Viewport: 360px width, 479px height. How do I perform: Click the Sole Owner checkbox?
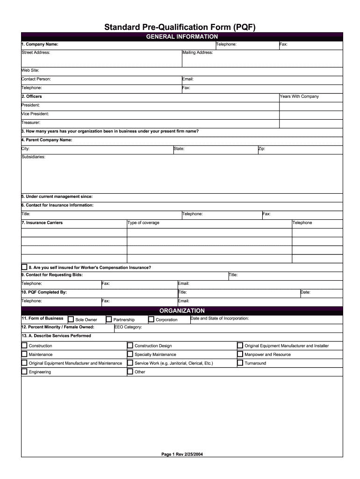pos(71,319)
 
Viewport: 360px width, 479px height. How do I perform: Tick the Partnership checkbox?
pos(109,319)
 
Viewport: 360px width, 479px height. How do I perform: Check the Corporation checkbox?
pos(151,319)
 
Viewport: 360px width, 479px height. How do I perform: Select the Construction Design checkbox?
pos(130,346)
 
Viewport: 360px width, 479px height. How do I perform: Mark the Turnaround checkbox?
pos(240,363)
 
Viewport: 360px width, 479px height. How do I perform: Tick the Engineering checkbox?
pos(24,372)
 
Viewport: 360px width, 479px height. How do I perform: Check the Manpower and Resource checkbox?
pos(240,355)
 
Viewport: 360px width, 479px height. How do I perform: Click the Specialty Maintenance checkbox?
pos(130,355)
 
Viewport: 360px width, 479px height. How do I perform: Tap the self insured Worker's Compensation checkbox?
pos(24,267)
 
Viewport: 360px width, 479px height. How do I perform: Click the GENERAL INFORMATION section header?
pos(182,36)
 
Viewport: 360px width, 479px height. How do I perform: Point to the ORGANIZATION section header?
pos(182,311)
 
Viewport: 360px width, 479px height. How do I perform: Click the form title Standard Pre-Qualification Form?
pos(180,27)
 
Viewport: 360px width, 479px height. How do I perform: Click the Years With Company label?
pos(299,96)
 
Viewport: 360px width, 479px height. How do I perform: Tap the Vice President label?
pos(35,114)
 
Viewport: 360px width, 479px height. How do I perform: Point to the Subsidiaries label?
pos(33,157)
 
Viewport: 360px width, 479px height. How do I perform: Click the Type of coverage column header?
pos(144,223)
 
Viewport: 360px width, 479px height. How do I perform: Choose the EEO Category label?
pos(128,327)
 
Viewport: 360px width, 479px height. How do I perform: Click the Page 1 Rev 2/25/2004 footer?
pos(182,454)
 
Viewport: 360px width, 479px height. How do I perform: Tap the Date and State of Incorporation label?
pos(220,318)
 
